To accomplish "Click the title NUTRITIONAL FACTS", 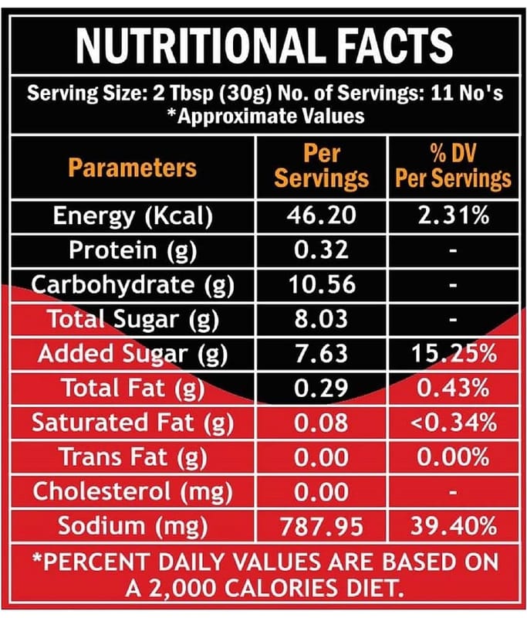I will (x=263, y=45).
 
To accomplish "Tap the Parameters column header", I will (x=132, y=167).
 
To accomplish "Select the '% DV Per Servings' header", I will (x=453, y=165).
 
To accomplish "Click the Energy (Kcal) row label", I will (x=132, y=216).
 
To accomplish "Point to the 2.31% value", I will (x=453, y=216).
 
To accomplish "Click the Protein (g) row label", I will (x=132, y=250).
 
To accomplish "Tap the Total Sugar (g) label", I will (x=132, y=319).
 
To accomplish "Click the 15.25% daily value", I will (x=453, y=354).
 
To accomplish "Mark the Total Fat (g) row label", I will (x=132, y=389).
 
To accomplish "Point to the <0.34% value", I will (x=453, y=423).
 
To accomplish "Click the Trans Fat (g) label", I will (x=132, y=457).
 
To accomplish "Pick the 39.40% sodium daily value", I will (x=453, y=527).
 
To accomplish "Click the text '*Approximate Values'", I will (x=263, y=117).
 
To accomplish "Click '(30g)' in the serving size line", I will (x=245, y=96).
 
